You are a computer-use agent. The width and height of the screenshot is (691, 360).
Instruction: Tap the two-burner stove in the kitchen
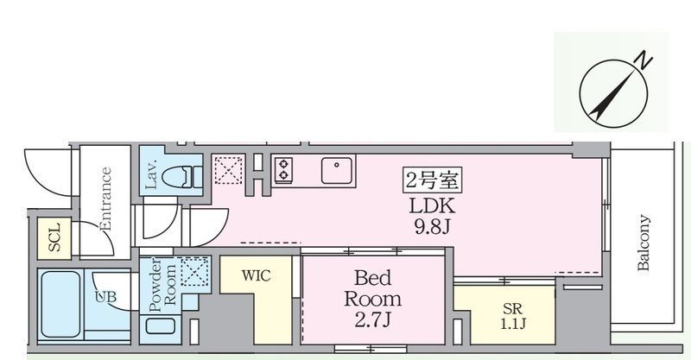283,170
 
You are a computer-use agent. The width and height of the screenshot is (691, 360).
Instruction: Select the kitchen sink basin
337,170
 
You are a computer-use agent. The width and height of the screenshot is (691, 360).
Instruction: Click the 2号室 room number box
432,180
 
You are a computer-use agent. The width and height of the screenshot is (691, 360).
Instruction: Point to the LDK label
432,205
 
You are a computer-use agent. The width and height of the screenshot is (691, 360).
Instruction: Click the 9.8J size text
432,226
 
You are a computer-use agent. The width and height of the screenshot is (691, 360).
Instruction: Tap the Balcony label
643,243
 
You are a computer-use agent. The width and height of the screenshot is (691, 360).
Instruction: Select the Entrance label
105,199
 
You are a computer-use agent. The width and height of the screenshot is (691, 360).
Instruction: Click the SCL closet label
54,237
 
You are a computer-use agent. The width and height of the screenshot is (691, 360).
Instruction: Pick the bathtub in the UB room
61,304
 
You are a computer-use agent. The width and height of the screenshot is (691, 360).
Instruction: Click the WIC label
256,276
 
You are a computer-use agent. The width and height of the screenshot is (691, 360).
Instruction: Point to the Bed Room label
373,288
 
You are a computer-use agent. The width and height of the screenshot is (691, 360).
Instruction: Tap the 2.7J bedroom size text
373,320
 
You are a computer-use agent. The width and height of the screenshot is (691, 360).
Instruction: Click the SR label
512,308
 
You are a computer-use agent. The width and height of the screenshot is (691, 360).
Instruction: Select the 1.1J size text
513,324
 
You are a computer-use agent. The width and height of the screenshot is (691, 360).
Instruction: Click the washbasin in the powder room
161,326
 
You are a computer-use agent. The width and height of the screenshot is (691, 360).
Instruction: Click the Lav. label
150,175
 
